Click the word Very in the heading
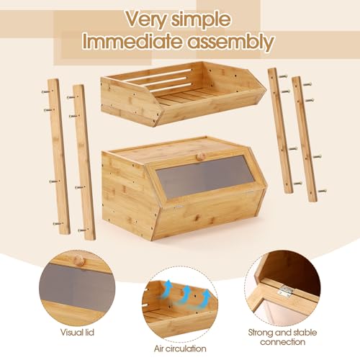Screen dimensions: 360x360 point(146,19)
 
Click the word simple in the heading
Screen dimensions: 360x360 point(201,19)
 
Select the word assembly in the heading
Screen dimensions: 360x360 point(230,42)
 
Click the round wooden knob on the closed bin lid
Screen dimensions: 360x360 point(200,157)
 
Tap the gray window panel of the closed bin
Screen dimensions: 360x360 point(204,176)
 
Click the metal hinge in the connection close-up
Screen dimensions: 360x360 point(285,291)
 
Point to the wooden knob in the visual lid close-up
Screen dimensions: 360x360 point(79,260)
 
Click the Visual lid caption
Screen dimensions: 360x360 point(77,333)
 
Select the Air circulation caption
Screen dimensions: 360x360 point(180,348)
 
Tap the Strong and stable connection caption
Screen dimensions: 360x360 point(282,337)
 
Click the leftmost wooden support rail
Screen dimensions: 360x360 point(59,156)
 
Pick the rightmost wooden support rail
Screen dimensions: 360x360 point(305,139)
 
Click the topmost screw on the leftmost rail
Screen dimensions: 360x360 point(46,91)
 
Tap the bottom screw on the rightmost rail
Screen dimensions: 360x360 point(322,191)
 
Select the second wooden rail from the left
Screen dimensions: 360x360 point(84,162)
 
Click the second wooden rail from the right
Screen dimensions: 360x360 point(280,131)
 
